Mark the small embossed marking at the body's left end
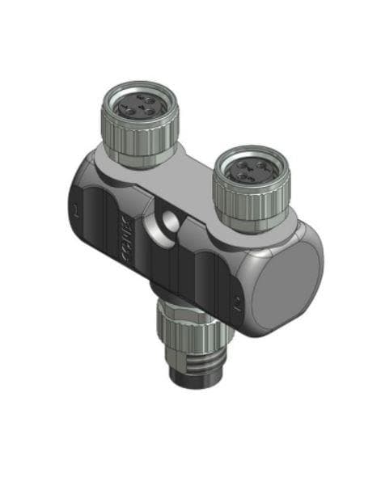click(x=74, y=212)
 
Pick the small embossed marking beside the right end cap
click(x=235, y=305)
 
